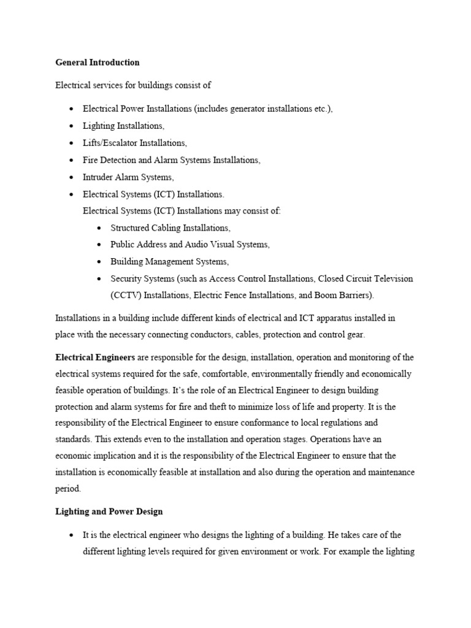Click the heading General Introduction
(98, 62)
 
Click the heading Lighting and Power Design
(109, 511)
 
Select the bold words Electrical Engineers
(95, 357)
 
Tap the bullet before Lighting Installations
(72, 126)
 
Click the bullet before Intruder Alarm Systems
(72, 177)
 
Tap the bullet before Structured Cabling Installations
(99, 228)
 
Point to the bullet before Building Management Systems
(99, 261)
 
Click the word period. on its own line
(67, 489)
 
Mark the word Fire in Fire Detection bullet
(91, 160)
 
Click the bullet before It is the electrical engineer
(72, 535)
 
